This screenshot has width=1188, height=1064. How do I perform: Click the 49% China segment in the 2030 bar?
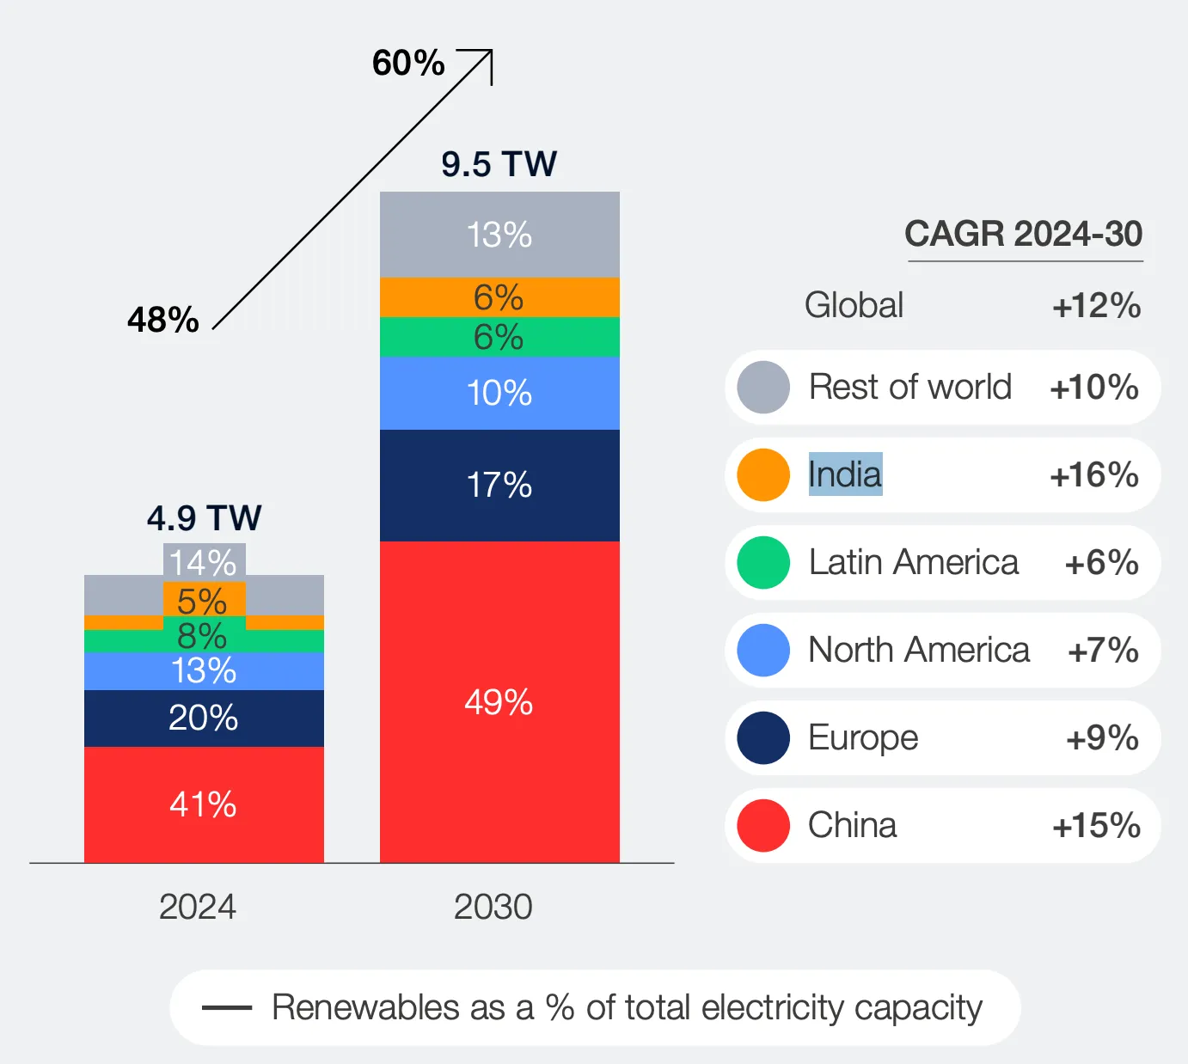499,701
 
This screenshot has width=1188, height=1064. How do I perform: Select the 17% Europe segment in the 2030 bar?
499,485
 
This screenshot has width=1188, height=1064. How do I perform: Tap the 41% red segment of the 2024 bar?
204,804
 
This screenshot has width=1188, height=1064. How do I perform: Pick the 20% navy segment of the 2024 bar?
204,718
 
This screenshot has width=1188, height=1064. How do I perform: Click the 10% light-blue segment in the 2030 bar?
499,393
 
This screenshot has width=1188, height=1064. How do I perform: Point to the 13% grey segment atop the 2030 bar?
499,235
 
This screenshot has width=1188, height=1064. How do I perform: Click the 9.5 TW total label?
499,164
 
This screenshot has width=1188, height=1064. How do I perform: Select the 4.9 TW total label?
204,518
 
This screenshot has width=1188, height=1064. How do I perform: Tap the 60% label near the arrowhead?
408,63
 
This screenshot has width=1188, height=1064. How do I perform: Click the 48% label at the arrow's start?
163,320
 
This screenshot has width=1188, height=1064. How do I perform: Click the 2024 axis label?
198,907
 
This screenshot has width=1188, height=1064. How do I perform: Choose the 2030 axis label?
493,907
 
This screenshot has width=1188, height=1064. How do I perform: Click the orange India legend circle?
763,474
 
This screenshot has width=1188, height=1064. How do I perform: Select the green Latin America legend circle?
763,562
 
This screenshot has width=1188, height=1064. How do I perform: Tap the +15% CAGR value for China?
1096,825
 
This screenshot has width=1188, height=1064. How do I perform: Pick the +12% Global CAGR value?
1096,306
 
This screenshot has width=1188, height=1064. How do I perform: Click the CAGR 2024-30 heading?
1023,234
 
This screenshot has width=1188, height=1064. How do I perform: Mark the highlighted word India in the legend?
845,474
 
